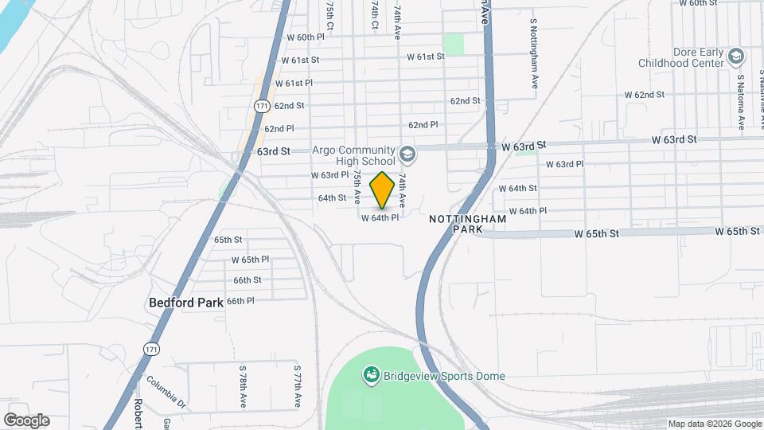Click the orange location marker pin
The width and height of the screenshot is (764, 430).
[x=382, y=190]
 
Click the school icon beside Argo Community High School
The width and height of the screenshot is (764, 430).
[x=407, y=154]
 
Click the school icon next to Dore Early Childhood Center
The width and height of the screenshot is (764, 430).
[x=736, y=57]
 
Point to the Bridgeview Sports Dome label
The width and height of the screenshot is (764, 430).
[x=444, y=376]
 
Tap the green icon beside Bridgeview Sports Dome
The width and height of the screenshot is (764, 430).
[x=370, y=374]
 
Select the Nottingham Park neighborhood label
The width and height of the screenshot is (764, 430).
[x=458, y=224]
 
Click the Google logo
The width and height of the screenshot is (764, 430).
[x=26, y=420]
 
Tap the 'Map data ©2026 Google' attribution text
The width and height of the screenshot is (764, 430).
[x=715, y=424]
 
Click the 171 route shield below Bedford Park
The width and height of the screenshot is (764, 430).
[x=150, y=349]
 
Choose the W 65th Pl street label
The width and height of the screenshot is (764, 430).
[x=250, y=260]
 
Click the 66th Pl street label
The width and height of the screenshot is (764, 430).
[x=240, y=301]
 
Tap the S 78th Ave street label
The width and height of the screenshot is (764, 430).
[x=243, y=386]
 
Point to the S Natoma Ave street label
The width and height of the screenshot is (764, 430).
[x=740, y=102]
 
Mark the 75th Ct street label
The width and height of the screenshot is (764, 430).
[x=329, y=11]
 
